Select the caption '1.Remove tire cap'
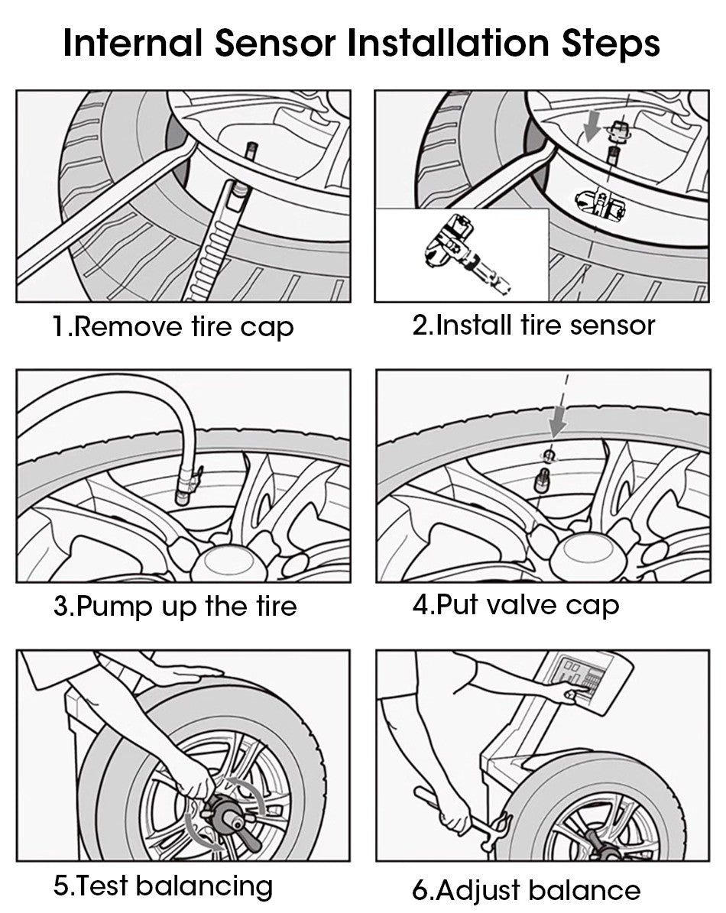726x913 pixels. [x=173, y=327]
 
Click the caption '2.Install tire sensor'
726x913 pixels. [x=533, y=325]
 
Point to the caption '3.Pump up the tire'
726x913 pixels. [x=175, y=607]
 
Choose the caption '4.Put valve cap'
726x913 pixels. [x=516, y=605]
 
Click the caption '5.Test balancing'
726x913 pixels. [x=163, y=886]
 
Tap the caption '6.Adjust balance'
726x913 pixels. [x=526, y=889]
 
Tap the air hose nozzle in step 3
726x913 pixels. [x=185, y=485]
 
